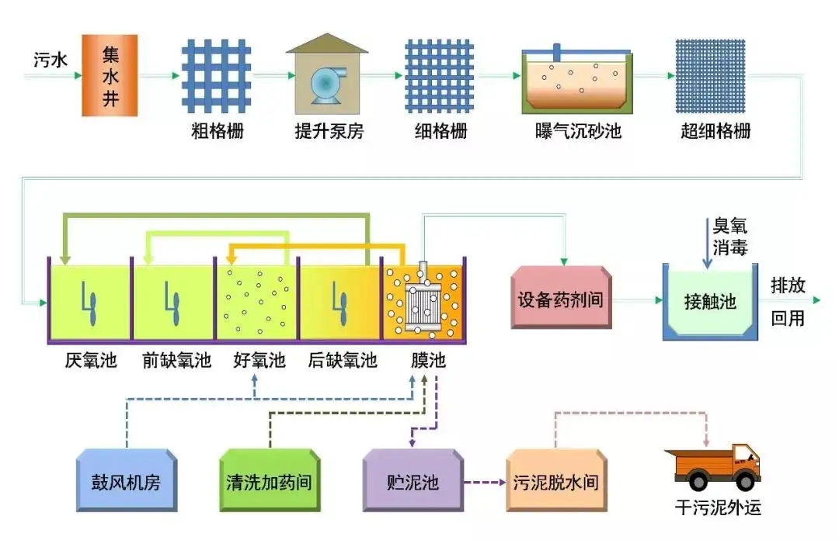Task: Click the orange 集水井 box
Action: (110, 75)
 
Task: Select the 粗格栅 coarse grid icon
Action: (217, 75)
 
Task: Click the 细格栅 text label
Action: (440, 131)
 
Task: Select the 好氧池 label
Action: (259, 361)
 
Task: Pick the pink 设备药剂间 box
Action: (560, 299)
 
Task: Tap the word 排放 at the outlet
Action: (787, 285)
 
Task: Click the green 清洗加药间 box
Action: (270, 482)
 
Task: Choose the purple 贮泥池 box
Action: (413, 482)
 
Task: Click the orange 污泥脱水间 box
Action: (555, 482)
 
